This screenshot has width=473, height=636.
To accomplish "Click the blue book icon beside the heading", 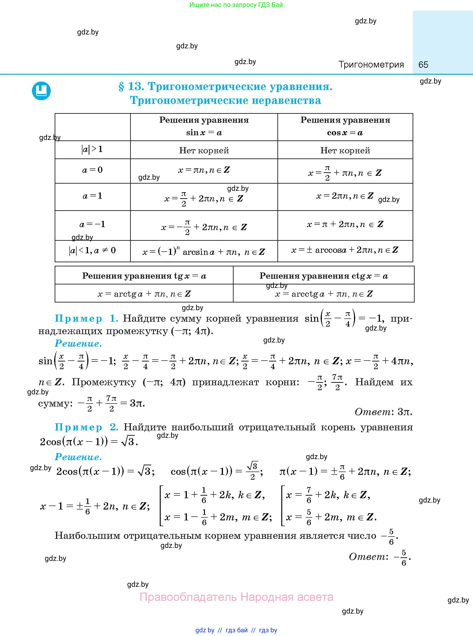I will (x=41, y=91).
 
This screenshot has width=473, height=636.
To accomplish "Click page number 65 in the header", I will (x=423, y=65).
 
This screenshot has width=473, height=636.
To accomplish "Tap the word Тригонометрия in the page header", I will (x=371, y=65).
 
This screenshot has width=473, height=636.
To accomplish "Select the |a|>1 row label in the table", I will (x=92, y=149).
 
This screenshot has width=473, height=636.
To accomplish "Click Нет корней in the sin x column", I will (x=204, y=150).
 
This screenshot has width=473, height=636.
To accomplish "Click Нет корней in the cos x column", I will (x=345, y=150).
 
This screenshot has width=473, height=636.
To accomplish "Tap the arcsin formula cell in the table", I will (x=204, y=252).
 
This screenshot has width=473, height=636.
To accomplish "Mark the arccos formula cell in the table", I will (x=345, y=250).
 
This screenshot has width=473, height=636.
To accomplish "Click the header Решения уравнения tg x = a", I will (x=144, y=276).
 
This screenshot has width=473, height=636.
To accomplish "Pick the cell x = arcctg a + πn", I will (x=323, y=294).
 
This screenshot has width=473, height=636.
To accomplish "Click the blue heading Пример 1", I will (x=86, y=318).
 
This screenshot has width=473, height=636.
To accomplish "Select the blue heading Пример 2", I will (x=86, y=427).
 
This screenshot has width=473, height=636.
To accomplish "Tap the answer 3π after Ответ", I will (x=405, y=412).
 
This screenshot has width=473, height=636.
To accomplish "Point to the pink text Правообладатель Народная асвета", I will (x=236, y=597).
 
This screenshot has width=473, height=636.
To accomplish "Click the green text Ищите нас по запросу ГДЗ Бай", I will (x=236, y=5).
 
